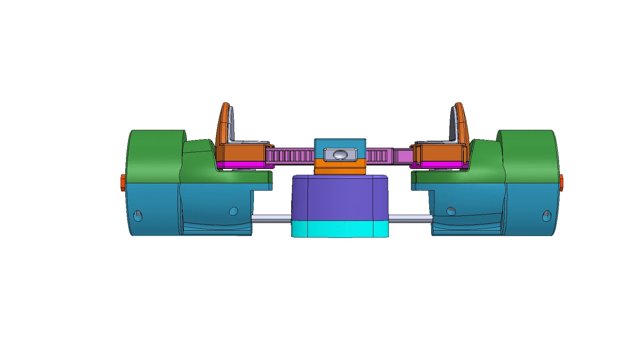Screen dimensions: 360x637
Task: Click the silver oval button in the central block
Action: point(340,155)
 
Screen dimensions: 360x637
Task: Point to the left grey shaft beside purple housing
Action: point(271,219)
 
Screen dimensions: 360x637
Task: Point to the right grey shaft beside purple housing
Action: point(410,219)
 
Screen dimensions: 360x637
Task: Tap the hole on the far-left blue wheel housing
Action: point(138,215)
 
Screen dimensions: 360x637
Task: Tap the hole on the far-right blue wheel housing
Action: point(547,215)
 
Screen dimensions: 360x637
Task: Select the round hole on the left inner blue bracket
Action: point(233,211)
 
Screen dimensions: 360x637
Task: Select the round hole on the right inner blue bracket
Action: point(451,211)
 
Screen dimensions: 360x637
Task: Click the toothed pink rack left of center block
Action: point(290,156)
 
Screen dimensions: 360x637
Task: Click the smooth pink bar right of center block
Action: point(402,156)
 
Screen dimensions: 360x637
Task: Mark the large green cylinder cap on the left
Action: point(155,155)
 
